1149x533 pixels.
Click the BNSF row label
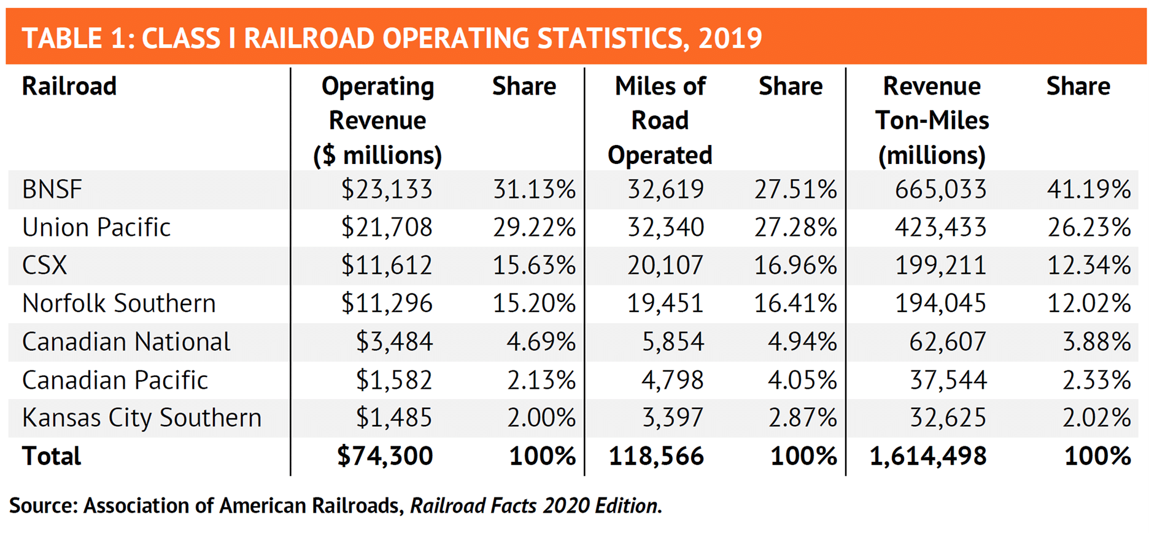(x=52, y=189)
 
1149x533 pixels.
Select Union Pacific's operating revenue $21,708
(x=387, y=227)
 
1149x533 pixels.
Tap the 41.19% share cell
(x=1088, y=189)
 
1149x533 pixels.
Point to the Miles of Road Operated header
(x=660, y=120)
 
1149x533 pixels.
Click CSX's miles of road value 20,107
(x=665, y=265)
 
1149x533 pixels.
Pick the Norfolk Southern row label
(x=119, y=303)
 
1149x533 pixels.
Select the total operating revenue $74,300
(x=385, y=456)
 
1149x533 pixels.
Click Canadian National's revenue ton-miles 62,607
(x=947, y=341)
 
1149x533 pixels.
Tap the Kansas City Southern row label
(x=142, y=418)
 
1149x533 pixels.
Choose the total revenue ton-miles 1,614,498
(x=927, y=456)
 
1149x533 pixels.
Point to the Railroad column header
(x=69, y=86)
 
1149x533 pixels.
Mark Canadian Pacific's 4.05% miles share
(x=802, y=380)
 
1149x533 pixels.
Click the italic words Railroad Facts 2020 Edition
(x=536, y=505)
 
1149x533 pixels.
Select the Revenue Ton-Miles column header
(x=932, y=120)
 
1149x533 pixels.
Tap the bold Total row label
(x=52, y=456)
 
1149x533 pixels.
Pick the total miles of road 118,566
(x=656, y=456)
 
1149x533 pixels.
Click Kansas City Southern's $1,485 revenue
(x=394, y=418)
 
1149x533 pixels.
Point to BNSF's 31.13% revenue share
(x=534, y=189)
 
